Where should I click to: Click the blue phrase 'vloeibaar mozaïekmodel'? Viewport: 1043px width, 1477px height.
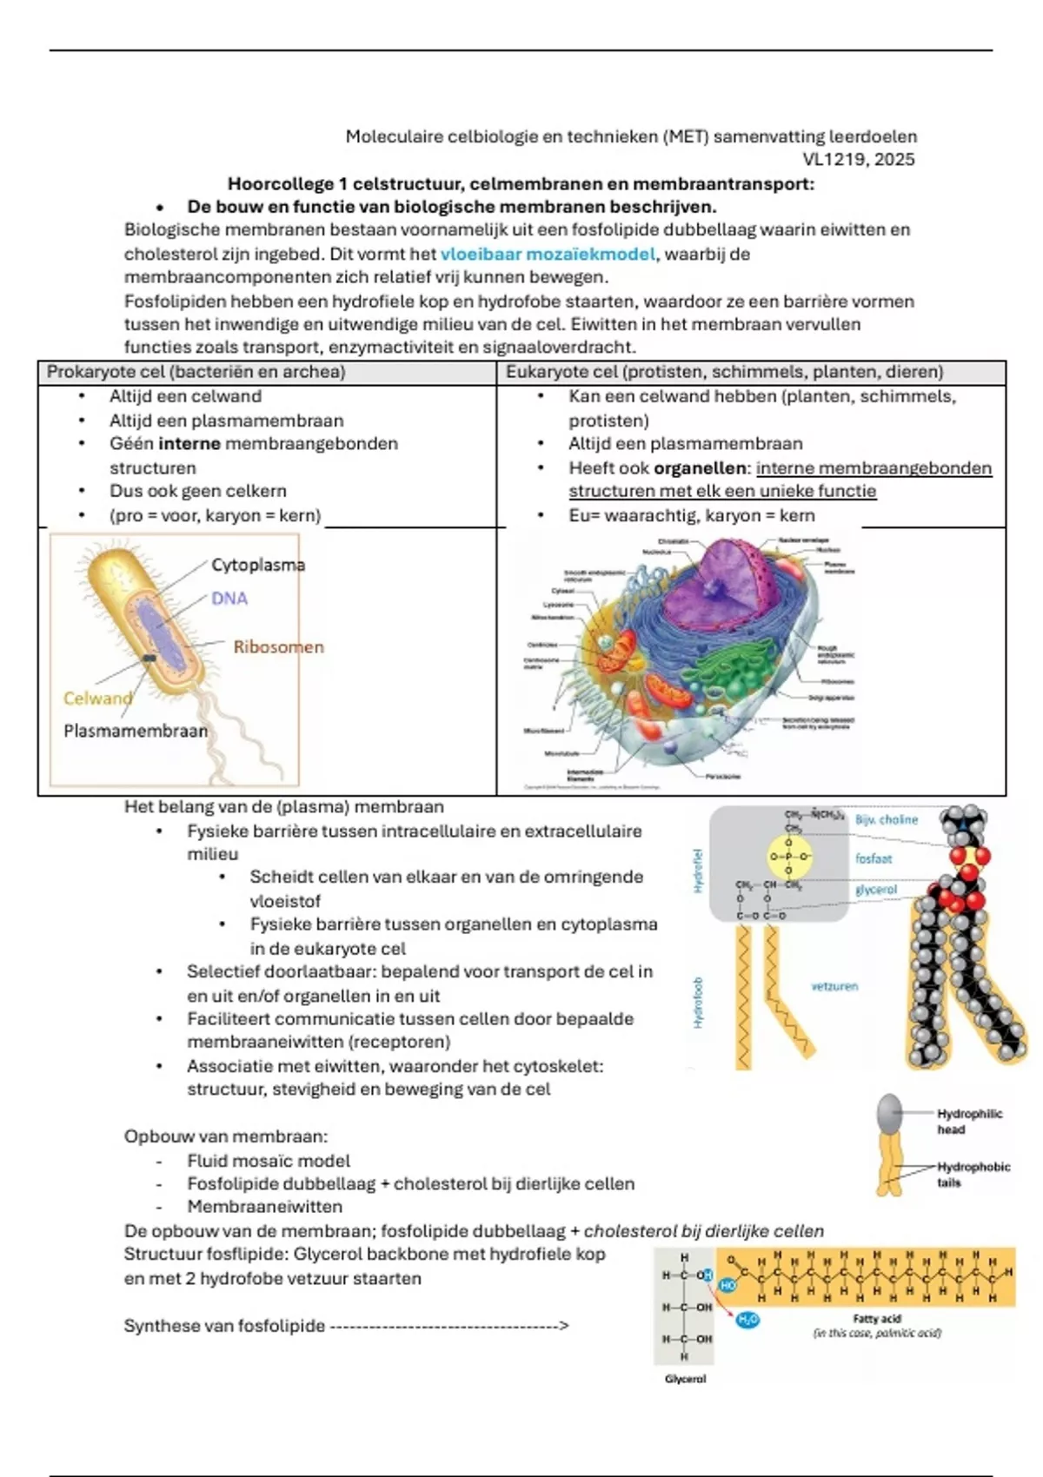point(548,255)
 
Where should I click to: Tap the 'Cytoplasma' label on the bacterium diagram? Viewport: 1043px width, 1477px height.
point(258,565)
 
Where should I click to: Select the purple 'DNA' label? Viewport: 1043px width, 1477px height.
point(229,599)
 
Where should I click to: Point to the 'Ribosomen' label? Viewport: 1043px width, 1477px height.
point(278,647)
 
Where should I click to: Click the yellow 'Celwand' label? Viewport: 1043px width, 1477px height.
point(97,699)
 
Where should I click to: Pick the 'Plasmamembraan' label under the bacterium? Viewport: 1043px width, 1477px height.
point(136,732)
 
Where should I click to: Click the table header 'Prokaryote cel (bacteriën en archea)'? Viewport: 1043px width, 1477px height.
point(196,373)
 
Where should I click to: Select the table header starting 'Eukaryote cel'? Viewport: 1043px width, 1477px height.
point(724,373)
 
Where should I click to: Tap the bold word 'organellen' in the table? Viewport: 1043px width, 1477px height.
point(700,468)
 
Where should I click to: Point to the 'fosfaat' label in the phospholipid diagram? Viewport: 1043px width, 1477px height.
point(874,859)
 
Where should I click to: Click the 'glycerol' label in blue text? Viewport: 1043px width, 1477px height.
point(875,891)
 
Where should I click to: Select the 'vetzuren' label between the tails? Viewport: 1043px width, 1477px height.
point(834,987)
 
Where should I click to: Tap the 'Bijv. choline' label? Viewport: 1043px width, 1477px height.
point(887,820)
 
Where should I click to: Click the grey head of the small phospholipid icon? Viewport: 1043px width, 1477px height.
point(889,1113)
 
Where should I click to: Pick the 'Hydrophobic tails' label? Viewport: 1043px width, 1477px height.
point(973,1175)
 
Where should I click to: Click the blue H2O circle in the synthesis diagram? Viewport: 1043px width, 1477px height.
point(747,1320)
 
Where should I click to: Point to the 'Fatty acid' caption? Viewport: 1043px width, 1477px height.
point(876,1319)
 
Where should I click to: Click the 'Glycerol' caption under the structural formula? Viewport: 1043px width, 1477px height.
point(685,1379)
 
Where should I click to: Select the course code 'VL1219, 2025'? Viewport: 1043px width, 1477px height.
point(858,160)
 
